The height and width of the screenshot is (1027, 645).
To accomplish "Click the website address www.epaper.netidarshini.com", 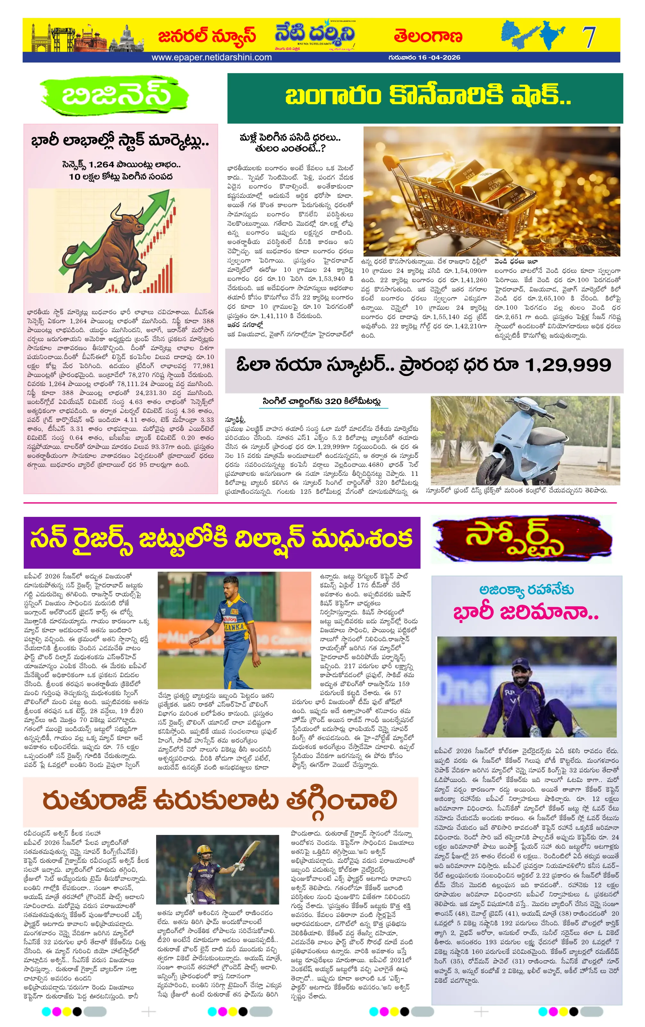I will (212, 57).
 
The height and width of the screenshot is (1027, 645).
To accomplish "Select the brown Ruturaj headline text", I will (220, 801).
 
